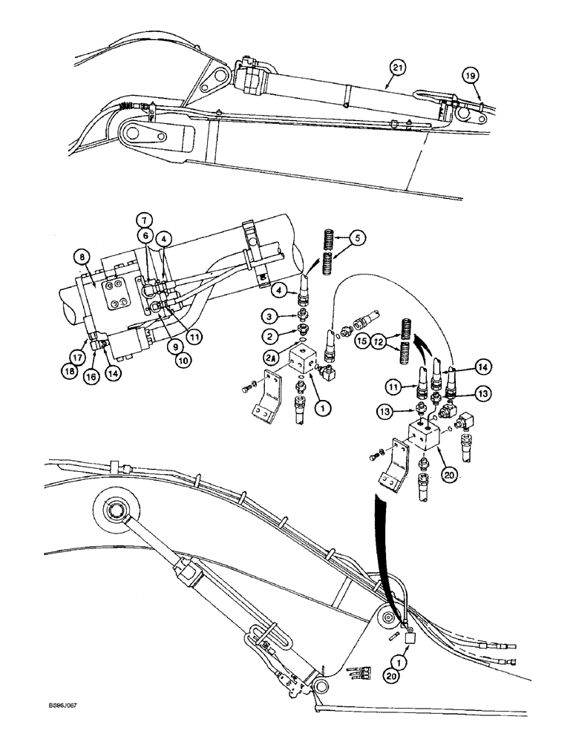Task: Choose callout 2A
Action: pyautogui.click(x=271, y=356)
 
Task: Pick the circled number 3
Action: pyautogui.click(x=271, y=315)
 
